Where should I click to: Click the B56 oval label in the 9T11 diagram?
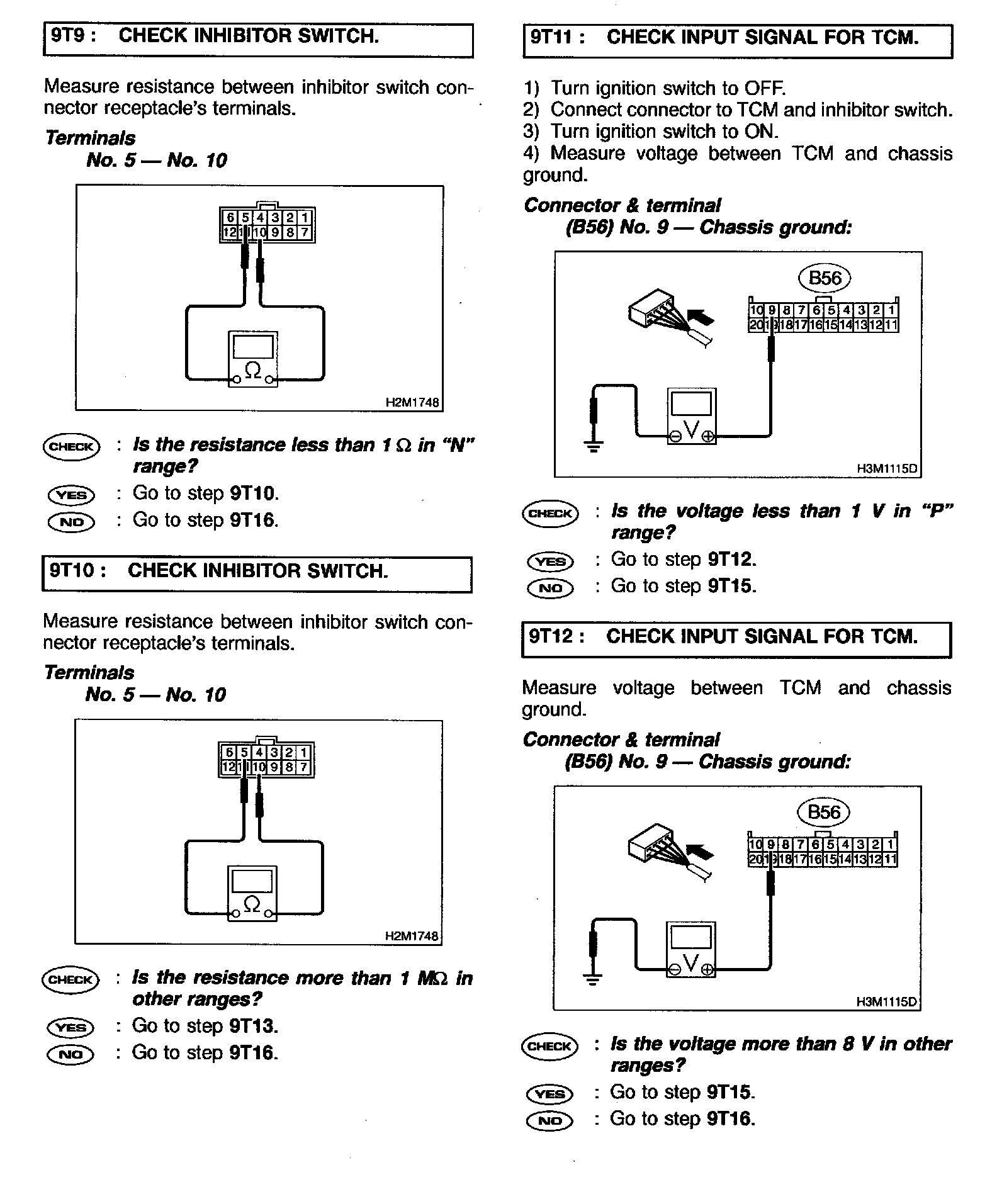pyautogui.click(x=825, y=278)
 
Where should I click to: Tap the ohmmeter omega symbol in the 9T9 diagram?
pyautogui.click(x=252, y=369)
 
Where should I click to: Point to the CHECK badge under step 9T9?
pyautogui.click(x=71, y=447)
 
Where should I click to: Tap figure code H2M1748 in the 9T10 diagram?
pyautogui.click(x=412, y=936)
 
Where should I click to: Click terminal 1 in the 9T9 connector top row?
pyautogui.click(x=305, y=218)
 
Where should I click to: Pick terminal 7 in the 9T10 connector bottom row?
pyautogui.click(x=303, y=767)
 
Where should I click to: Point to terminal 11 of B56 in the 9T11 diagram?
pyautogui.click(x=891, y=325)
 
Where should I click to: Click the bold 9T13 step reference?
pyautogui.click(x=253, y=1027)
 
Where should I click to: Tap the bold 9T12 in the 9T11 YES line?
pyautogui.click(x=731, y=560)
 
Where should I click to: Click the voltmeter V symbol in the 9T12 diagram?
pyautogui.click(x=690, y=964)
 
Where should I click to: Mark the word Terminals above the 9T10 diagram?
pyautogui.click(x=89, y=673)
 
